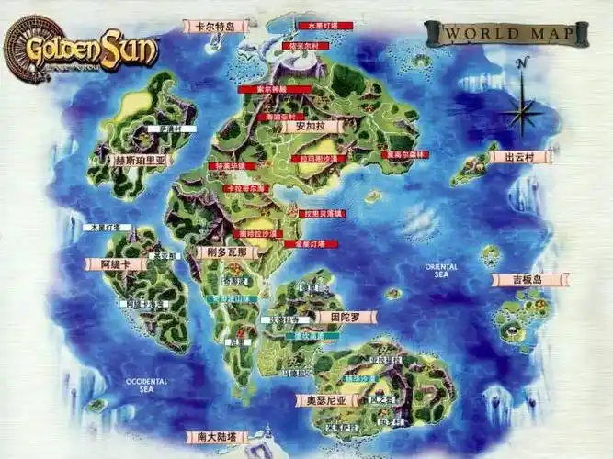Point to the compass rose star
(x=523, y=113)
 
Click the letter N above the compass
(x=522, y=62)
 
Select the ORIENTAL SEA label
(x=441, y=270)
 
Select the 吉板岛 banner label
(x=528, y=280)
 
